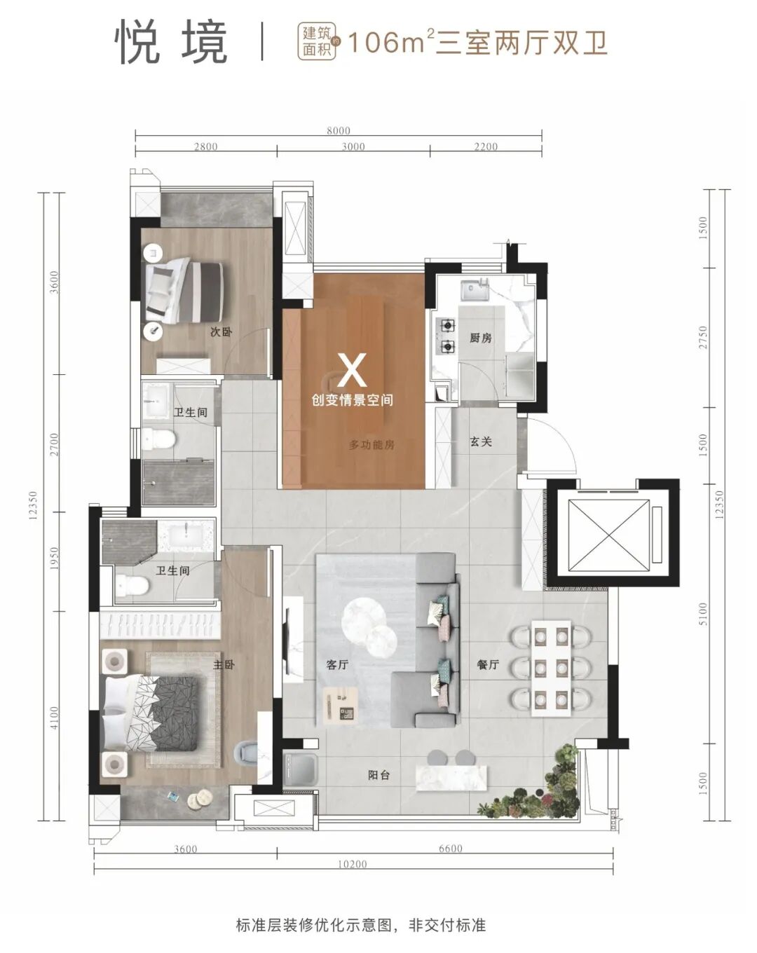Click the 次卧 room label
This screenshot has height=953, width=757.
221,331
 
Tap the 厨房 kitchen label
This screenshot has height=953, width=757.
480,338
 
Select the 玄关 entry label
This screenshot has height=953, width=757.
481,441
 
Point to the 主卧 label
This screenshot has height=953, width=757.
224,664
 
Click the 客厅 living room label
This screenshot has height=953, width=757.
337,664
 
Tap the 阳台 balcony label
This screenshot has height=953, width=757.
378,774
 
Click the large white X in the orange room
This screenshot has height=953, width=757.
352,370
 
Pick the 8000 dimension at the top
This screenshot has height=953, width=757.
339,130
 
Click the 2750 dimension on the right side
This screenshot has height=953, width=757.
703,337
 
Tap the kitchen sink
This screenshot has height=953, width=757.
475,292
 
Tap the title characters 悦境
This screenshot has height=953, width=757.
171,43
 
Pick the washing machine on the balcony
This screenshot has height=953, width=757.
301,770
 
